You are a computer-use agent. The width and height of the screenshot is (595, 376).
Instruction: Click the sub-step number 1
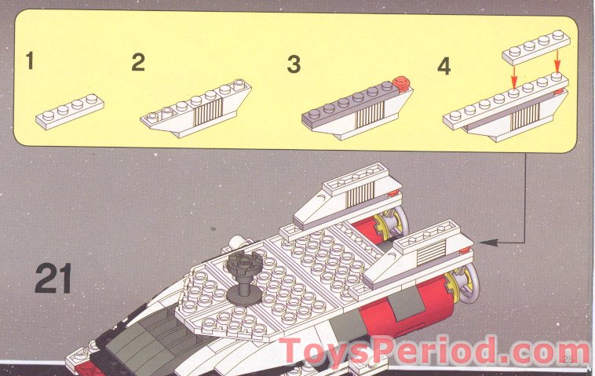(x=30, y=61)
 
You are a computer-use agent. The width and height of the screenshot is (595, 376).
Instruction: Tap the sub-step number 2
(x=138, y=62)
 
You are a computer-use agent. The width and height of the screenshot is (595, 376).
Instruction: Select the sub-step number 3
(x=294, y=64)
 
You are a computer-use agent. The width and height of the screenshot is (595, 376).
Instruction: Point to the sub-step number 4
(x=444, y=65)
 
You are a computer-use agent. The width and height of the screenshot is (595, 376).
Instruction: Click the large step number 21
(x=53, y=279)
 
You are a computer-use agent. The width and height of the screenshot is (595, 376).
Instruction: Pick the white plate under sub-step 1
(x=70, y=111)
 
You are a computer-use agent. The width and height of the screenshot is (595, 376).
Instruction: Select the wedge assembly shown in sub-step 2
(x=195, y=110)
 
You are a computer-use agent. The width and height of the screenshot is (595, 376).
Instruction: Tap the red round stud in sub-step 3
(x=401, y=81)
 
